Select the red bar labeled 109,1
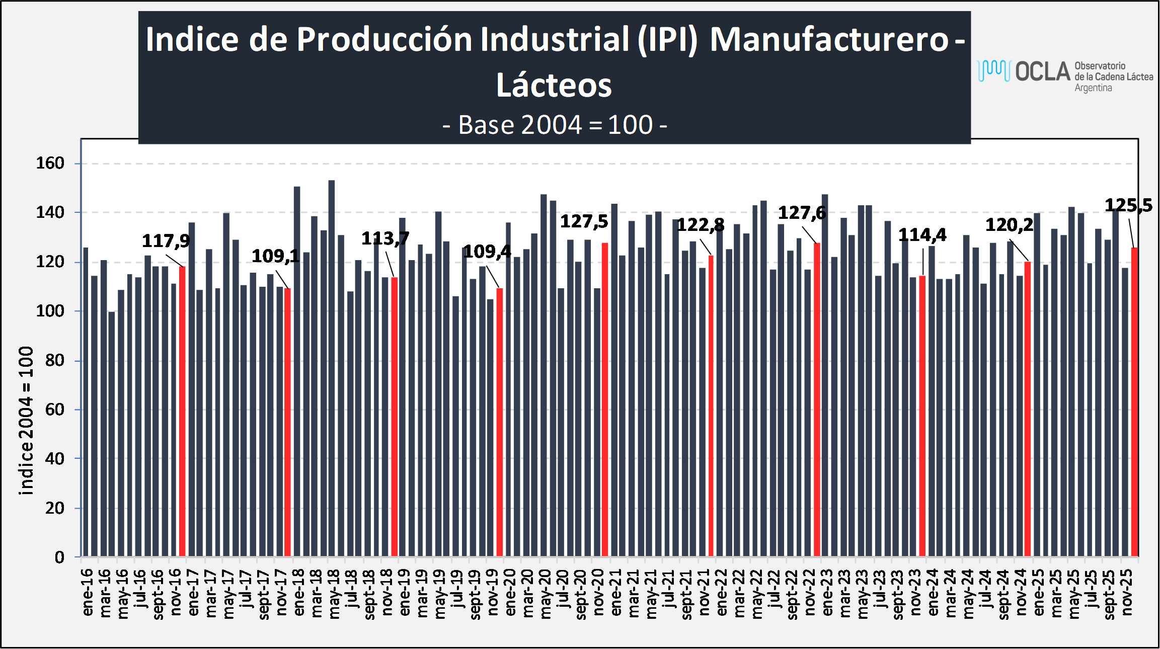[287, 422]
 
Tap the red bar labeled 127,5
[605, 399]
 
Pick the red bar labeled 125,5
[1134, 402]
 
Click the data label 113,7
[385, 238]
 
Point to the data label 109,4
[487, 252]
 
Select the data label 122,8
[701, 225]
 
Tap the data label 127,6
[802, 213]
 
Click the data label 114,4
[922, 235]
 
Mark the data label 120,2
[1009, 225]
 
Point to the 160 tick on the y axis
[50, 163]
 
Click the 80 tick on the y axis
[55, 360]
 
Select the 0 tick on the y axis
[60, 557]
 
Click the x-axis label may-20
[546, 594]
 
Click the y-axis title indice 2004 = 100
[26, 421]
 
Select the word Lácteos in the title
[554, 85]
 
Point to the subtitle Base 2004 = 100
[555, 125]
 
